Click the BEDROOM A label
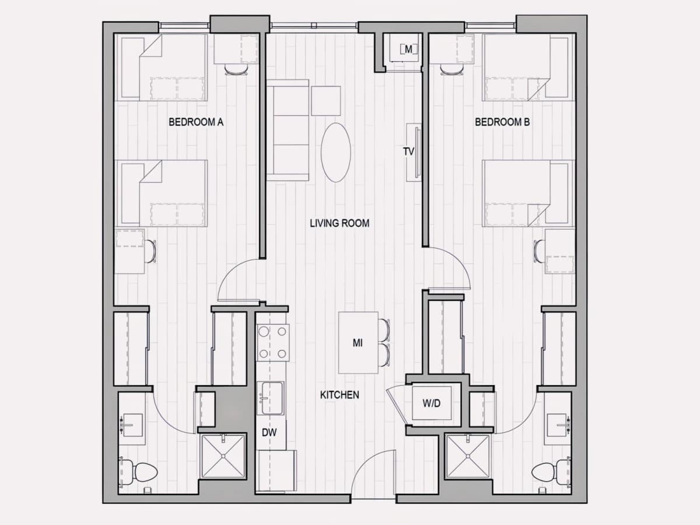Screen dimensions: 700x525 pos(196,122)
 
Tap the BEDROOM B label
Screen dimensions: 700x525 pos(502,122)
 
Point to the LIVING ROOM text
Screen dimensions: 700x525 pos(339,223)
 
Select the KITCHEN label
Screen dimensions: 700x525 pos(339,395)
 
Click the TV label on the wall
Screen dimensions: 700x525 pos(408,152)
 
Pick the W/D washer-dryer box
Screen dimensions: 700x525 pos(432,403)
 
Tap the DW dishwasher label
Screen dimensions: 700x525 pos(269,433)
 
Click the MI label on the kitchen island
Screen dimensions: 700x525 pos(358,343)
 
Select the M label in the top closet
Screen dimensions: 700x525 pos(408,49)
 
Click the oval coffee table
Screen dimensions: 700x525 pos(336,152)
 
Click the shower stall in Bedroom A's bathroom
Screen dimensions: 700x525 pos(223,457)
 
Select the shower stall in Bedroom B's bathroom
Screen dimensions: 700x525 pos(467,457)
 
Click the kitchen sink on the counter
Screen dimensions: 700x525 pos(271,398)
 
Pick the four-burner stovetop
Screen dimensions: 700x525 pos(273,342)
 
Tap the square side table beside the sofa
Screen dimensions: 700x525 pos(326,101)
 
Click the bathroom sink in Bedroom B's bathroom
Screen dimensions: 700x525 pos(558,425)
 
